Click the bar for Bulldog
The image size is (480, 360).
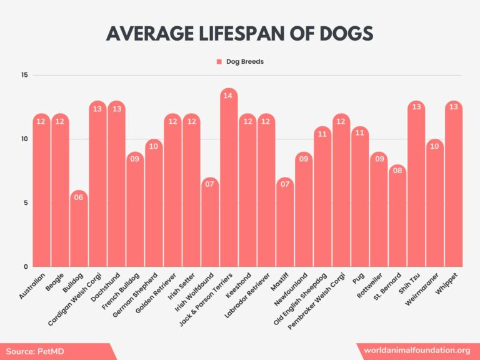click(79, 231)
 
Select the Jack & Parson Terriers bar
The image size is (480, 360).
click(229, 181)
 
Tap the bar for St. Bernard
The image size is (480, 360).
click(397, 219)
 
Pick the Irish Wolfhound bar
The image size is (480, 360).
click(210, 225)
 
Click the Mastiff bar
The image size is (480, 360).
click(285, 225)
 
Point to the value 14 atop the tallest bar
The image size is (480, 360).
click(229, 96)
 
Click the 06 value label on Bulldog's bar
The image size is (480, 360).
click(79, 197)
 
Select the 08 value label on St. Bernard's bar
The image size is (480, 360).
click(397, 172)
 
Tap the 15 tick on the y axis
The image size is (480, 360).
click(24, 76)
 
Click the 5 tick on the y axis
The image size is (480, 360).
click(26, 203)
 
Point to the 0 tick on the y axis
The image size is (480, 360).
click(26, 267)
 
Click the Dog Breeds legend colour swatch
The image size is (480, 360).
click(219, 62)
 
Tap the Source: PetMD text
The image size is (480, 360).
click(36, 352)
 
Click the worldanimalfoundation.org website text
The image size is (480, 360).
click(417, 351)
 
